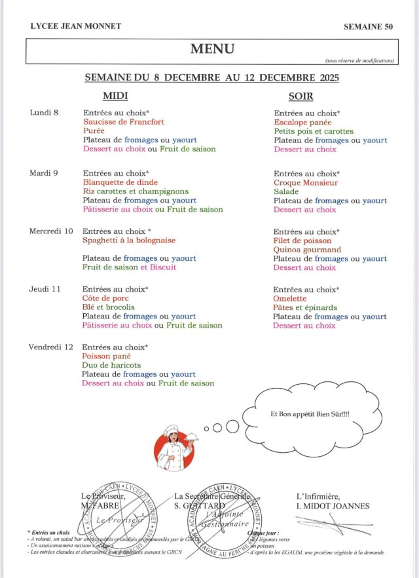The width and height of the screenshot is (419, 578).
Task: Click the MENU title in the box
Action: [x=211, y=48]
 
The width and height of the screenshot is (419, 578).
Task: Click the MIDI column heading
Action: [x=116, y=96]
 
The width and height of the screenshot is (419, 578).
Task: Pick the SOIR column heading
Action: [x=301, y=96]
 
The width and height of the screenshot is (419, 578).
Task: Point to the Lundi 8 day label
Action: [x=44, y=113]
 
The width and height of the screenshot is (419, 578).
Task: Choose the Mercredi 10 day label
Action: [x=50, y=231]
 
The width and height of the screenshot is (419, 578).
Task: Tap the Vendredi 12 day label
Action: [x=50, y=347]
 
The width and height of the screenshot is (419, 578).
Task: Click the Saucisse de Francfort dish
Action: [x=124, y=122]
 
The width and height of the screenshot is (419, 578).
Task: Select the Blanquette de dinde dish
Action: [x=120, y=182]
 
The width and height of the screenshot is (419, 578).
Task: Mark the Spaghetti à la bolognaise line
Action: [x=129, y=241]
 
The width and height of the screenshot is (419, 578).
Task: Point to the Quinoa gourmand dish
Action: [x=307, y=250]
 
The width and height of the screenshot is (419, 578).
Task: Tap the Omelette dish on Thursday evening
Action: [x=291, y=299]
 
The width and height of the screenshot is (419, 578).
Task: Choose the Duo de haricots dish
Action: [x=111, y=365]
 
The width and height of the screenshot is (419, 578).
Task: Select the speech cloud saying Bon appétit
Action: [x=310, y=415]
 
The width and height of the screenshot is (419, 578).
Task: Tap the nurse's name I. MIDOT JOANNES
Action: [x=333, y=506]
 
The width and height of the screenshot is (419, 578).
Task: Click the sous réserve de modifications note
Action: [x=359, y=61]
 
